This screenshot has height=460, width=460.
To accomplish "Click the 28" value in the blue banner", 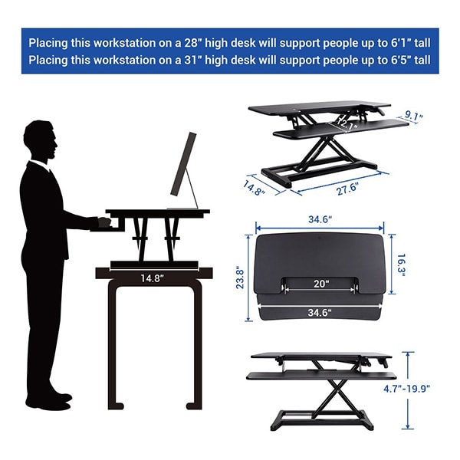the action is point(192,43).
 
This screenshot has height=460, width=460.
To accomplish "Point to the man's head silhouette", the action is point(40,140).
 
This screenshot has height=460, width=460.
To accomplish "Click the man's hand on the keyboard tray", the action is point(103,222).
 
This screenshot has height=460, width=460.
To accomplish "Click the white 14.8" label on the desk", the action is point(152,278).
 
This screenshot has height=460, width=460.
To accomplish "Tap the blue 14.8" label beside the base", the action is point(254,188).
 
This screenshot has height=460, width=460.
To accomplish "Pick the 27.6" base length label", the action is point(347,189).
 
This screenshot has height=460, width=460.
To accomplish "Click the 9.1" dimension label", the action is point(414,116).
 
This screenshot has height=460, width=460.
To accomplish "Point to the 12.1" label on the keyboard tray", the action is point(347,124).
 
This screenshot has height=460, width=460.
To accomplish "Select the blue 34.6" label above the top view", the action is point(320,219).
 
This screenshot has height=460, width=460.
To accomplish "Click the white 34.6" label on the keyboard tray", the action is point(320,313).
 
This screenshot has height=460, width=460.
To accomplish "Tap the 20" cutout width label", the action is point(321,284).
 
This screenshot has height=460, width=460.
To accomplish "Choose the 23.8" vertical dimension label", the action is point(240,278).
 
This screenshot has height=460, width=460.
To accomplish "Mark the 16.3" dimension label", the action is point(401,265).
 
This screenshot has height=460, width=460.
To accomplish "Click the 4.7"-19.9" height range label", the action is point(406,389).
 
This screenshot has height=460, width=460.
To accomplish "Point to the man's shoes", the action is point(49,401).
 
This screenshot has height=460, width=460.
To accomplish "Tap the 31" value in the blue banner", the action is point(192,60).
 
